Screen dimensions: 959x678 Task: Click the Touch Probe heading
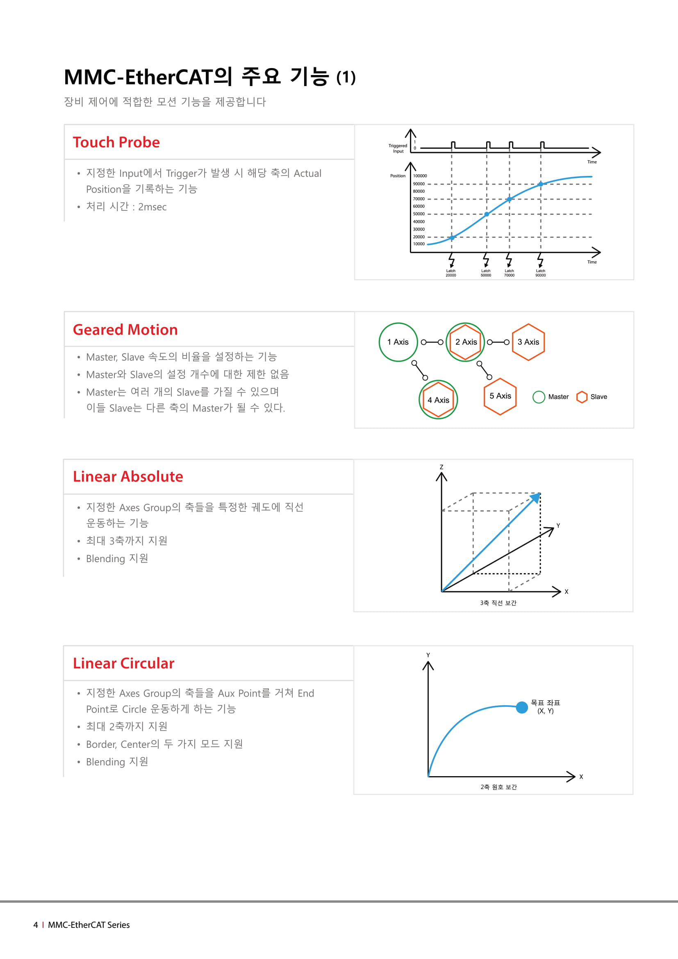116,142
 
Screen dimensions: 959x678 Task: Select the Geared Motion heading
125,330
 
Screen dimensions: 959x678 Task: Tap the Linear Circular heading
123,663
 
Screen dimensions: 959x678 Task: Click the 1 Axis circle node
398,342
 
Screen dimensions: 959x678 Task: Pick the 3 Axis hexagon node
528,342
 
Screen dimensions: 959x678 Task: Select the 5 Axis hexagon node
500,396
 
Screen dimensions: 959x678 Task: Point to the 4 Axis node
438,400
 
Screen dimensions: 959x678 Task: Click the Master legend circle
539,397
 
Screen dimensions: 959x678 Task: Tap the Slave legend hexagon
582,397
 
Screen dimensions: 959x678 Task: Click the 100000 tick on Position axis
420,176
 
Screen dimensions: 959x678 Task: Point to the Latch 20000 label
451,273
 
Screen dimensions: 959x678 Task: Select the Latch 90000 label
540,273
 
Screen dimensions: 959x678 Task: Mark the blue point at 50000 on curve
487,214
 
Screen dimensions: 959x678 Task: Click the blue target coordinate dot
522,707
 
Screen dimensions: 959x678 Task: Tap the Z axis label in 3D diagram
441,467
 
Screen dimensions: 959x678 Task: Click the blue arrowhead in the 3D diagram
536,497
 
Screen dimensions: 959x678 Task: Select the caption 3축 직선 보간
498,603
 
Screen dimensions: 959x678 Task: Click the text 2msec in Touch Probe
152,207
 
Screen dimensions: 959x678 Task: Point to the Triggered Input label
398,148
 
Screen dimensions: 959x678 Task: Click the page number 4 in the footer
36,925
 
